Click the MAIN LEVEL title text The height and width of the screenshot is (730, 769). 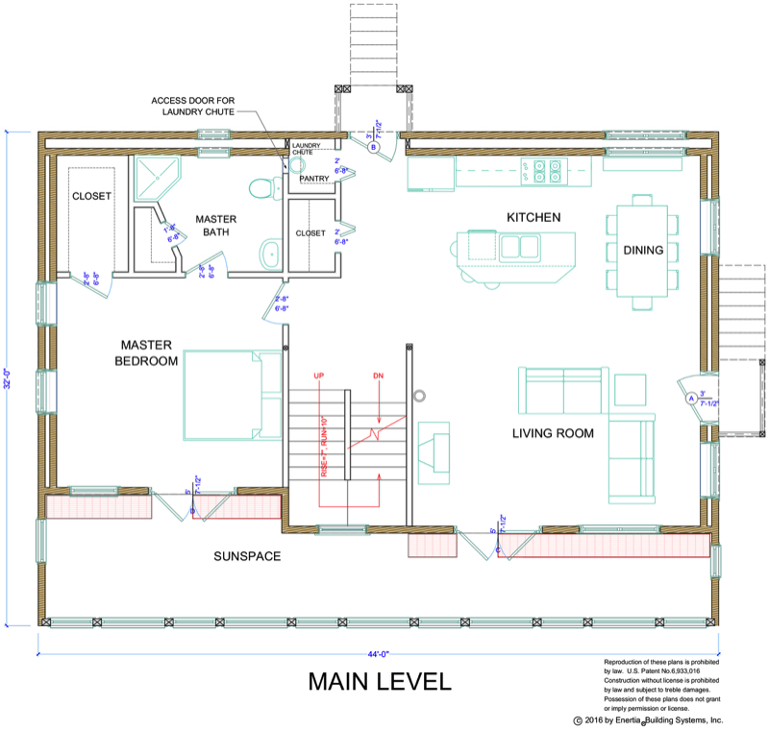[x=379, y=682]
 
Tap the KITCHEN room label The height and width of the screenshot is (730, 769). [x=533, y=218]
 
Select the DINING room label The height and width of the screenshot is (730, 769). [x=643, y=251]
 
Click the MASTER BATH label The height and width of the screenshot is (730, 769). [x=216, y=225]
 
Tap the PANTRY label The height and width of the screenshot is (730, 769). [x=314, y=179]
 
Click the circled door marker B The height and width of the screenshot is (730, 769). [x=372, y=147]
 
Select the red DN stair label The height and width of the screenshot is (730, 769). [x=379, y=375]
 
